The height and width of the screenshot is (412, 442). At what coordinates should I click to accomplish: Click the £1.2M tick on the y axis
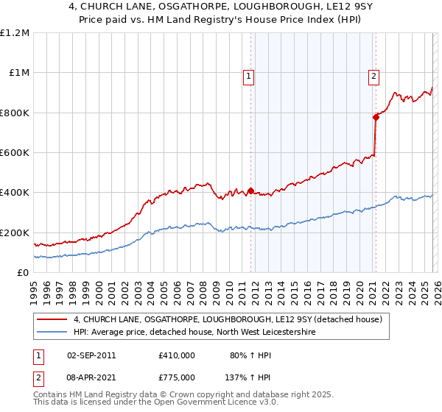15,33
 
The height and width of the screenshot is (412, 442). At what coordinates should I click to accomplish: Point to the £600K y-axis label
15,153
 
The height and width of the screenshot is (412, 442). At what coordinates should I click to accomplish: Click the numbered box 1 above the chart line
249,75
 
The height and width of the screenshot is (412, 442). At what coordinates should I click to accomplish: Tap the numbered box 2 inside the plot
374,75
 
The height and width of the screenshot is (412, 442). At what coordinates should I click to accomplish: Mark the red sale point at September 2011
250,191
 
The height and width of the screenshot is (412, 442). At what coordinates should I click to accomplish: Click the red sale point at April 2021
376,117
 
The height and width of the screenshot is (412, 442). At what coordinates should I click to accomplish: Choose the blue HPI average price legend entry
194,333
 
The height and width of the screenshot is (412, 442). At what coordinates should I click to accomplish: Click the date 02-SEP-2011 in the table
91,355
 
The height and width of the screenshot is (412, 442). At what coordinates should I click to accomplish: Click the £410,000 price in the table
177,355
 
